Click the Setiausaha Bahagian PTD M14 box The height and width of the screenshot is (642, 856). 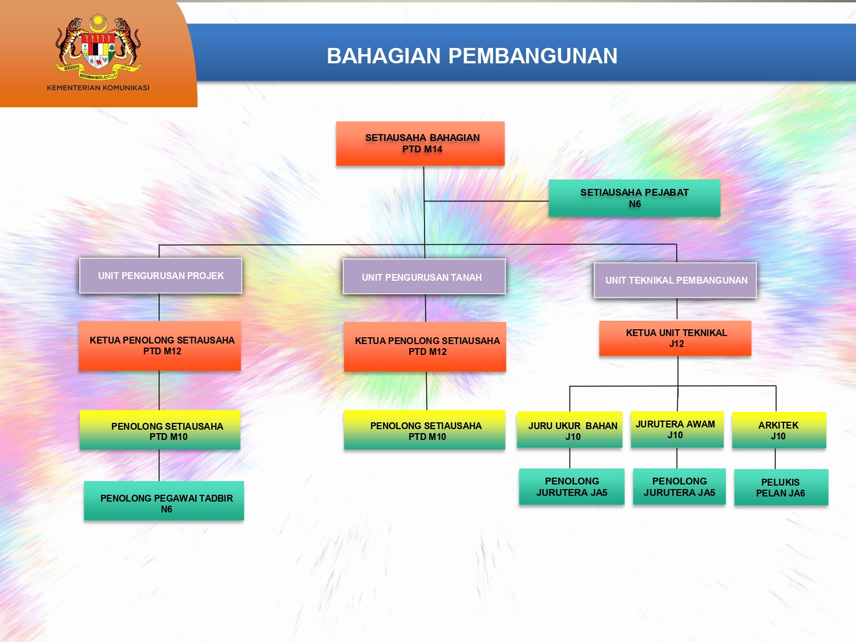(x=421, y=143)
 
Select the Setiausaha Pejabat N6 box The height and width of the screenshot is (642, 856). (x=634, y=198)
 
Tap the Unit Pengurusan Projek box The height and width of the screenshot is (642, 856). (x=161, y=276)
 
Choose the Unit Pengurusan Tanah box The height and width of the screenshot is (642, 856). (x=424, y=277)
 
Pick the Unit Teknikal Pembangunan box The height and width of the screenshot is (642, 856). (x=675, y=280)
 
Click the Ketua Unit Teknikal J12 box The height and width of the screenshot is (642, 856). (x=675, y=338)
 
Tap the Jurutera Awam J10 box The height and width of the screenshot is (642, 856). (x=677, y=429)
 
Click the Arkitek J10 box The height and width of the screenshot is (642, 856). (x=779, y=430)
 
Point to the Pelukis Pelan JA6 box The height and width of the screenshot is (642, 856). (x=781, y=487)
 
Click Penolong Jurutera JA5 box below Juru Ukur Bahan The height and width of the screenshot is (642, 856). (x=571, y=487)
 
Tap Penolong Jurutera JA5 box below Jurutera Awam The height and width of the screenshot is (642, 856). (x=679, y=487)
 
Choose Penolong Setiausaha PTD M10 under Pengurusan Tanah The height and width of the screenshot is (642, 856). (x=425, y=430)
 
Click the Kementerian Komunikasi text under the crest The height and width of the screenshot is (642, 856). (x=98, y=88)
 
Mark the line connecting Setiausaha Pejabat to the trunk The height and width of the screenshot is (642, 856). (x=485, y=201)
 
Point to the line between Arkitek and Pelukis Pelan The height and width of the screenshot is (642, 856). (x=775, y=459)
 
